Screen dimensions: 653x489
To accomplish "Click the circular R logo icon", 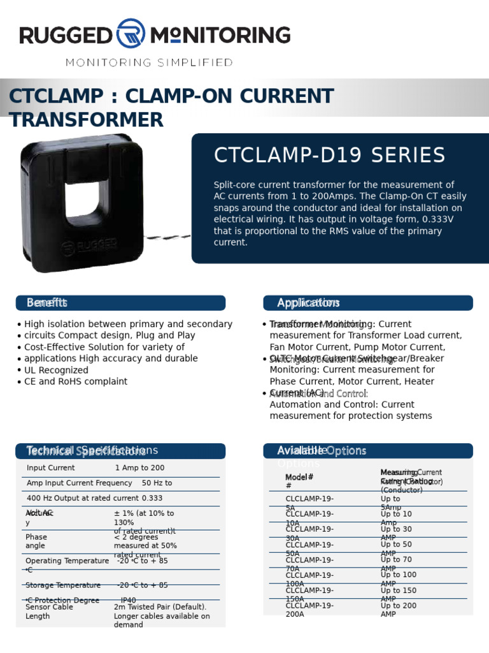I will [x=131, y=34].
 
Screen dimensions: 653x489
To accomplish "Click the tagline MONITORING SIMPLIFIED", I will [x=150, y=62].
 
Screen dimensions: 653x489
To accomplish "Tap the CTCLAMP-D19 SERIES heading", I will [x=329, y=156].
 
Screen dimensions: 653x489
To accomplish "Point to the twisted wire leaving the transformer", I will [x=167, y=237].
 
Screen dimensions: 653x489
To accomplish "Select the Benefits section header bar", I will [x=120, y=303].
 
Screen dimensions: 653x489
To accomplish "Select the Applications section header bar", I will [x=367, y=303].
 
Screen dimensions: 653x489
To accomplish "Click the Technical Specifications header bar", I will [x=120, y=451].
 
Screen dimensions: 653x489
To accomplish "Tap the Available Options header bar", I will [x=367, y=451].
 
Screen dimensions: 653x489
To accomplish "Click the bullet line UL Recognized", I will [x=56, y=370].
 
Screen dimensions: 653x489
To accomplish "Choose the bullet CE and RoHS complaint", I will [x=75, y=381].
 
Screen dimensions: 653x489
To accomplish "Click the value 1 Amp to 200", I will [x=139, y=468].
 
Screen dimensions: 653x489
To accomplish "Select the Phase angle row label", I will [x=36, y=541].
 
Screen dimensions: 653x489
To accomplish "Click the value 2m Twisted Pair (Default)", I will [x=160, y=607].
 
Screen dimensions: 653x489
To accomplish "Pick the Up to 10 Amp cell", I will [x=396, y=518].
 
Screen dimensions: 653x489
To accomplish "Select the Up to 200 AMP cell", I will [x=399, y=610].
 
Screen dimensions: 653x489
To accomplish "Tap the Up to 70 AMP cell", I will [x=396, y=564].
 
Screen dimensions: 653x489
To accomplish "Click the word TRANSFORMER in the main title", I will [x=86, y=120].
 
